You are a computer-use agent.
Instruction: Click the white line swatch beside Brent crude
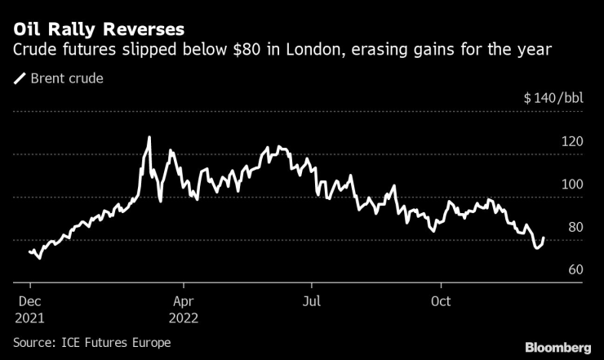[19, 79]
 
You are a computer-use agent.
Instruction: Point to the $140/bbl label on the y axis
[553, 99]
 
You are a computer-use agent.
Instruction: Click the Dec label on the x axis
[29, 300]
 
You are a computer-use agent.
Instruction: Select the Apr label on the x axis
[184, 300]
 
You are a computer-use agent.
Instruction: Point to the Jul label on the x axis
[311, 300]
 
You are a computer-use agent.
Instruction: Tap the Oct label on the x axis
[442, 300]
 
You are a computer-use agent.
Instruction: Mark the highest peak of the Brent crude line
[149, 137]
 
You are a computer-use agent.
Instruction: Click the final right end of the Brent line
[544, 238]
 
